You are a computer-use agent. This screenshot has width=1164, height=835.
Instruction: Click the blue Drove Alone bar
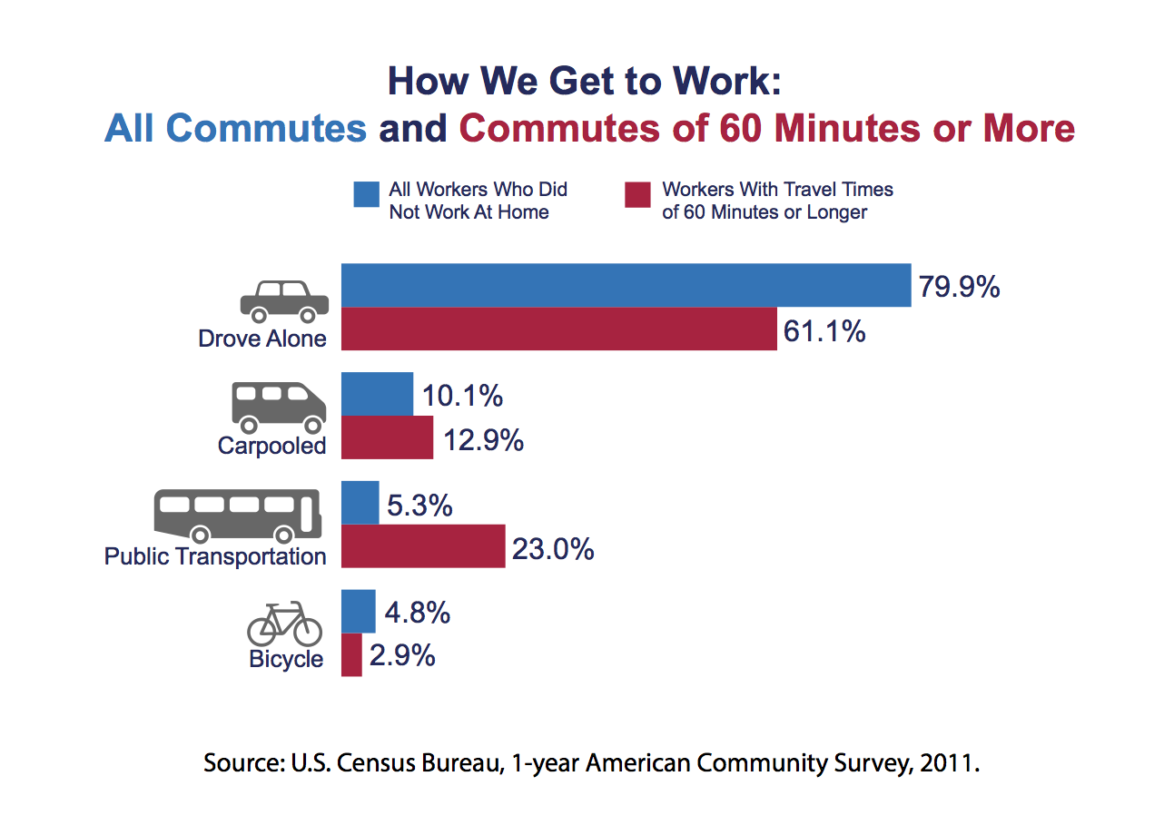626,285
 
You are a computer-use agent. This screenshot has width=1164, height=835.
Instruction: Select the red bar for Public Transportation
423,545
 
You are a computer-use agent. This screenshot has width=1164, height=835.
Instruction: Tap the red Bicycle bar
351,654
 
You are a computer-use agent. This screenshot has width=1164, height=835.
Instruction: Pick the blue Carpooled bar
377,394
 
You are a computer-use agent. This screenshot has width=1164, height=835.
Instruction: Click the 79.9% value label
959,288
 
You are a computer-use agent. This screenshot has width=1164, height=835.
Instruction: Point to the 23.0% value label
553,549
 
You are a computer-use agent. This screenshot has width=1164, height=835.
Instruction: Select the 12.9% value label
484,440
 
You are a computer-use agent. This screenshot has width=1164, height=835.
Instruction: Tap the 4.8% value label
418,613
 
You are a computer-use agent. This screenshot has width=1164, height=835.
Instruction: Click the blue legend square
367,195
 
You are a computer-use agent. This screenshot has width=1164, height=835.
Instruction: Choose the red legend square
638,195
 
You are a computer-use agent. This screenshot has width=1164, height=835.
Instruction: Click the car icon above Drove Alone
283,301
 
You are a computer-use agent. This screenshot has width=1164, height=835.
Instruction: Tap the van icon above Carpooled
280,407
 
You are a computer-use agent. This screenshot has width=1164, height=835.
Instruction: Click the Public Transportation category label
215,555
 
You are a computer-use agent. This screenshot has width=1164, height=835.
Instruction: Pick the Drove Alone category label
262,339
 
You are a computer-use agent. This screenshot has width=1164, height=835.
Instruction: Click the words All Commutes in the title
235,129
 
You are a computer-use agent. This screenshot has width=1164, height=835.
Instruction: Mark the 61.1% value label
824,331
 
